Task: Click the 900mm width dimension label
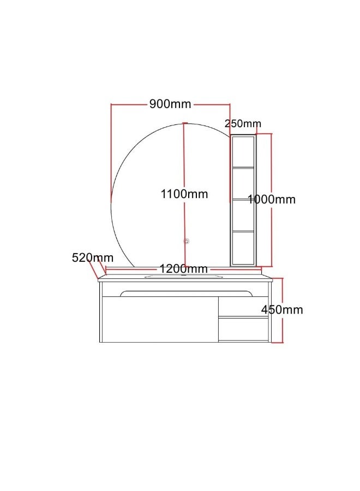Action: click(x=170, y=104)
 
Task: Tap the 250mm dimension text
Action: click(x=243, y=124)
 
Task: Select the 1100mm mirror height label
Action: click(x=184, y=194)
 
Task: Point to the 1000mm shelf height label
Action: click(x=272, y=200)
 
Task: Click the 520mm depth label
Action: click(x=93, y=258)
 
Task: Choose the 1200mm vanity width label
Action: click(x=184, y=268)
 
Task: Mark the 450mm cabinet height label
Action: click(x=282, y=310)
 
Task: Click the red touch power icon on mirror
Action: click(x=187, y=240)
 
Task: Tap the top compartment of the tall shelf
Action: click(x=243, y=152)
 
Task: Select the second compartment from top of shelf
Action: click(x=243, y=184)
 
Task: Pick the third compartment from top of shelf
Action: click(x=243, y=216)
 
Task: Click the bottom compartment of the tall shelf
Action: click(x=243, y=248)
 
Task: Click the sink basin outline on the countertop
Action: click(x=184, y=277)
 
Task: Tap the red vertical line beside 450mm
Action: click(x=282, y=327)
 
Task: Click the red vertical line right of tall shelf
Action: click(x=271, y=164)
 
